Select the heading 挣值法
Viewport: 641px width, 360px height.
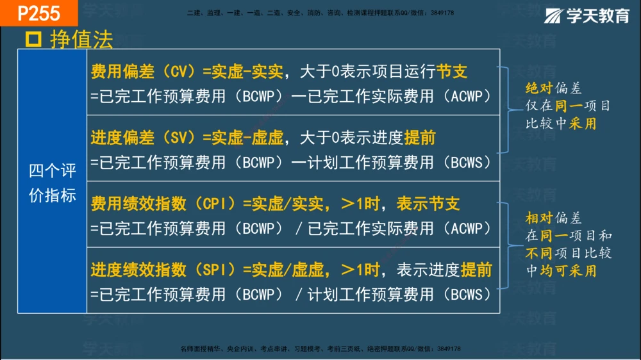pyautogui.click(x=81, y=40)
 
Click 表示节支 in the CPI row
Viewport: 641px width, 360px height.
pyautogui.click(x=428, y=204)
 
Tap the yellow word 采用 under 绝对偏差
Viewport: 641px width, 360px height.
pyautogui.click(x=583, y=124)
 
